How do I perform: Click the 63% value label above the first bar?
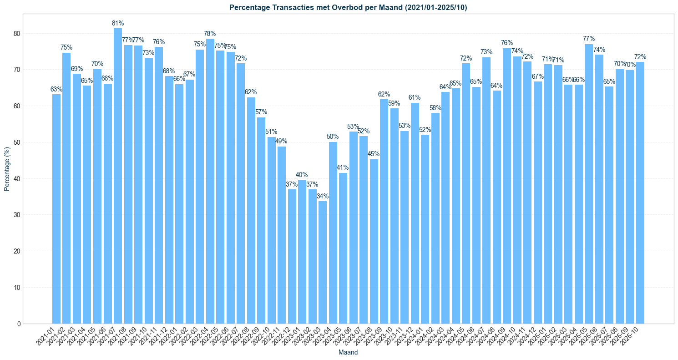pos(56,89)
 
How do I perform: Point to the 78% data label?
pos(210,34)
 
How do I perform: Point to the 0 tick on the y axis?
pos(18,324)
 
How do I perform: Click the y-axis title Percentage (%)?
pos(7,169)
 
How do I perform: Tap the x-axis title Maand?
pos(348,352)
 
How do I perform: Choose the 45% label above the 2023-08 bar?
pos(374,154)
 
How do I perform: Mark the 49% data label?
pos(282,141)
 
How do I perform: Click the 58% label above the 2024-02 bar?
pos(435,108)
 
